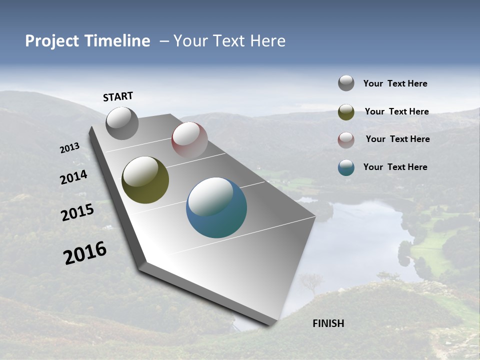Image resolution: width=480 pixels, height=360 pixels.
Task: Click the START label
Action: coord(118,96)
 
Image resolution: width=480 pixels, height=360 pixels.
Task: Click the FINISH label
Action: coord(328,323)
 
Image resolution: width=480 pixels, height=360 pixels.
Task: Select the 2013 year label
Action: coord(69,148)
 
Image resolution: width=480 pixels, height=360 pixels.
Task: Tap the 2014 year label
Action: coord(73,177)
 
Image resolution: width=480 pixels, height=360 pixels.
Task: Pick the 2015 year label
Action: coord(77,213)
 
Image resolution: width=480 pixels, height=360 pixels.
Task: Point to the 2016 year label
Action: coord(85,253)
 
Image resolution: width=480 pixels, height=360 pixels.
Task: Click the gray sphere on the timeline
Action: coord(122,123)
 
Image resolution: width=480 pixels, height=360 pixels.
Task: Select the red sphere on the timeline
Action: coord(189,140)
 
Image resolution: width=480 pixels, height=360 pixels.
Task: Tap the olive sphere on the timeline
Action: coord(145,180)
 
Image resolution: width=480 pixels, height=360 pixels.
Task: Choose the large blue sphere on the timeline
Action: coord(216,207)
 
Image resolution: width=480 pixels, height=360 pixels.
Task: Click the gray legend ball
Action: coord(346,83)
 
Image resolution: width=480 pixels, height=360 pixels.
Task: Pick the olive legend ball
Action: coord(346,112)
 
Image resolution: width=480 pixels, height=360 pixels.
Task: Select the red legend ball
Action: coord(346,140)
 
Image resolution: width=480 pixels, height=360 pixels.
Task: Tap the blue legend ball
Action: coord(346,167)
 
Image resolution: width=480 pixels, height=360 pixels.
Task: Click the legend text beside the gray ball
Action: coord(395,84)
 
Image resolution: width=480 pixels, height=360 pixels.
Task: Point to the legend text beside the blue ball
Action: coord(395,167)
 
